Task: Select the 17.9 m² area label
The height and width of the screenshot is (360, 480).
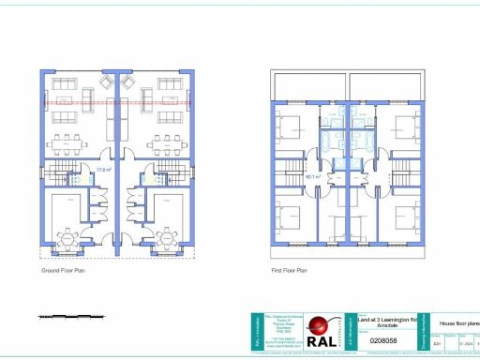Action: [105, 170]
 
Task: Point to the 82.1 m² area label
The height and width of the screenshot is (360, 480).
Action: [312, 174]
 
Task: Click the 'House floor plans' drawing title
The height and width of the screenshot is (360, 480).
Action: [459, 322]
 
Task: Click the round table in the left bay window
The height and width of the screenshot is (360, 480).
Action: [69, 235]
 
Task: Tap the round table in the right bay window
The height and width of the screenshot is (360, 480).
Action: [166, 235]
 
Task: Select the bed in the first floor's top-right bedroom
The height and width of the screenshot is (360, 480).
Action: [403, 125]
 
